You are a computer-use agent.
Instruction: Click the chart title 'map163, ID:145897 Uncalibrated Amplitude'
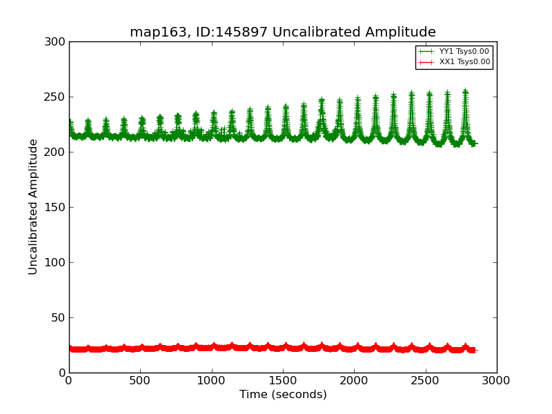point(283,32)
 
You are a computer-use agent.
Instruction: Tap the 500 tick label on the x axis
point(140,379)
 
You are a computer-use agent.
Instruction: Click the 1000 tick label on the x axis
point(212,379)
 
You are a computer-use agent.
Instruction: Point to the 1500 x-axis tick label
point(283,379)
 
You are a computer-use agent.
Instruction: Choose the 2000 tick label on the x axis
point(354,379)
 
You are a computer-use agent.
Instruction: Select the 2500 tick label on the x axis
point(426,379)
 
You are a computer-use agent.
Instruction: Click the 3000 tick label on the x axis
point(497,379)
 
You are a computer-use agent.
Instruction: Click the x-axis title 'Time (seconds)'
point(283,395)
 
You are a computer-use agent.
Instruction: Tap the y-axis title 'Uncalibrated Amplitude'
point(34,207)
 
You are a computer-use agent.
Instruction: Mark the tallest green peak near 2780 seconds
point(465,92)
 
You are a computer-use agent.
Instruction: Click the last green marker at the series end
point(473,144)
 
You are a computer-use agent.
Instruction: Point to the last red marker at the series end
point(473,350)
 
